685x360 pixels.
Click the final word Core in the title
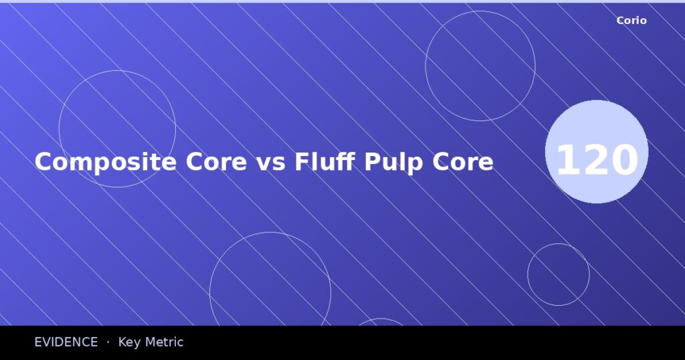464,163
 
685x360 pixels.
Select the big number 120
597,161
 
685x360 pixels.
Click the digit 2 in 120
597,161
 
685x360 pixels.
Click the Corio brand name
631,21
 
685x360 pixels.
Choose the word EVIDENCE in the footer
66,342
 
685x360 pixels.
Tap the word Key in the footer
130,342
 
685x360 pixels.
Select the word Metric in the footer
164,342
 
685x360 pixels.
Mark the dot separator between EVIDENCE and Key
108,342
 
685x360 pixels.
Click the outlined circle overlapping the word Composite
117,128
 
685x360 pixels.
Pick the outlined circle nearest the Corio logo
480,66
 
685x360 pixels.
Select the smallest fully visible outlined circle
558,274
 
